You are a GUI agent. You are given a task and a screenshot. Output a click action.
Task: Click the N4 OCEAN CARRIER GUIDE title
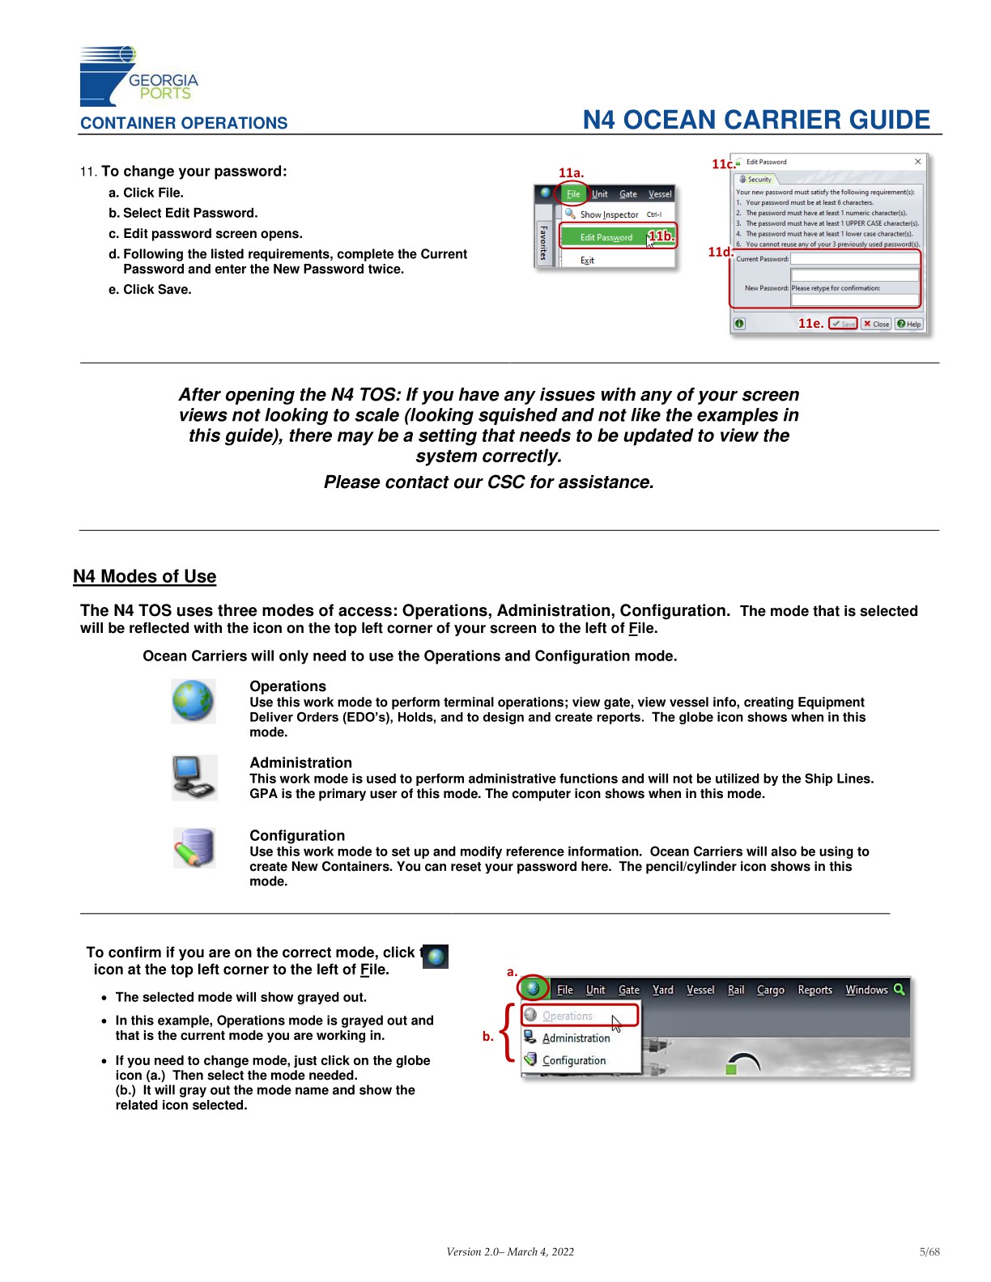tap(756, 120)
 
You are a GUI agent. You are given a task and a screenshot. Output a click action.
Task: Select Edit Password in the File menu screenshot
tap(606, 237)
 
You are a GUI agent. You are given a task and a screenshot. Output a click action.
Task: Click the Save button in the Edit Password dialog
tap(842, 324)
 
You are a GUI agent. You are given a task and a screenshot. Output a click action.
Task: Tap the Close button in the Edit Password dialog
tap(875, 324)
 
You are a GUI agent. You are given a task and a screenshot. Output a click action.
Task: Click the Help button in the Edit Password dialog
tap(908, 324)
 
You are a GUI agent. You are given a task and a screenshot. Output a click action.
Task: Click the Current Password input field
tap(854, 259)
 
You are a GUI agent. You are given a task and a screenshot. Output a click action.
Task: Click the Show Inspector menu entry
tap(609, 214)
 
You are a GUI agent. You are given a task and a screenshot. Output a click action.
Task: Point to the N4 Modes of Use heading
tap(144, 576)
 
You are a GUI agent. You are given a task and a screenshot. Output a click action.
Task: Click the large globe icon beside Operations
tap(194, 701)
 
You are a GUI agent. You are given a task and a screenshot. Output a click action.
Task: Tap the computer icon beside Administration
tap(194, 778)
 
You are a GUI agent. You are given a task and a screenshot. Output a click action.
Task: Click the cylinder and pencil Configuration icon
tap(194, 847)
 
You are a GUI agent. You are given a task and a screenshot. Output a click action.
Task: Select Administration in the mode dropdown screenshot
tap(576, 1038)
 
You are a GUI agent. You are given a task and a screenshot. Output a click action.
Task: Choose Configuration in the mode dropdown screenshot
tap(573, 1060)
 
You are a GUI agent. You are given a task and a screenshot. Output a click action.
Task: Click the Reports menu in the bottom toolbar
tap(814, 990)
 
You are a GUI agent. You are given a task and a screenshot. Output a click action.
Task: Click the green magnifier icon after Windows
tap(899, 989)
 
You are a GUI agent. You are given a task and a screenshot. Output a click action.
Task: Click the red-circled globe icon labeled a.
tap(532, 988)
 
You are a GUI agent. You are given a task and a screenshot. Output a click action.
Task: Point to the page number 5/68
tap(929, 1252)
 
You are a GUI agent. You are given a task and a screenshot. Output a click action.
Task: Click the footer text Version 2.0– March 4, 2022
tap(510, 1252)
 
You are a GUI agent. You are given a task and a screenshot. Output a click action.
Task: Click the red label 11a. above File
tap(571, 172)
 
